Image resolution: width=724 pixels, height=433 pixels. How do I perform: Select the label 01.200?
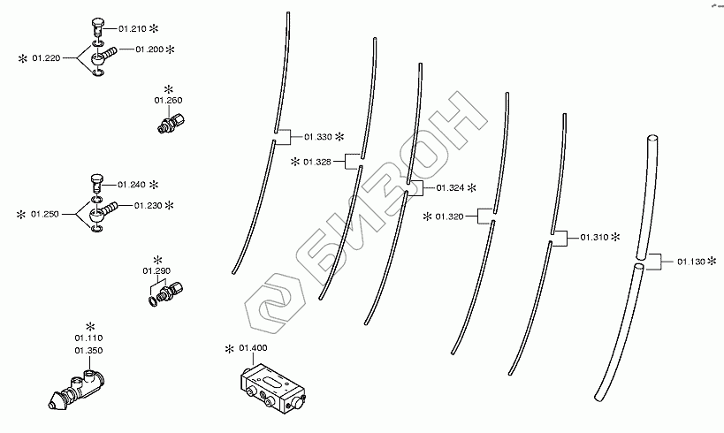(x=149, y=49)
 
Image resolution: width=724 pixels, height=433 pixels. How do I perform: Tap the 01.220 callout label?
(x=46, y=58)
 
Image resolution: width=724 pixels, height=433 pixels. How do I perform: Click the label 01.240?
(x=131, y=185)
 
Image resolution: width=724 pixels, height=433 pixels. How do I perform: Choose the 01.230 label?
(x=149, y=205)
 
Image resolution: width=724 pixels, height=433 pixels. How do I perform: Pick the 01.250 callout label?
(x=46, y=214)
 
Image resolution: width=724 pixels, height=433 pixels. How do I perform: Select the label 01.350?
(x=88, y=350)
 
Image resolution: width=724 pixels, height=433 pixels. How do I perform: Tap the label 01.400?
(x=253, y=348)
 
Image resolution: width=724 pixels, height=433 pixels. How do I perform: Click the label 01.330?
(x=317, y=137)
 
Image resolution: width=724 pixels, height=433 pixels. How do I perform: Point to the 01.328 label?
(x=317, y=162)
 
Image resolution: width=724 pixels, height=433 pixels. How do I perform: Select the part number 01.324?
(x=450, y=188)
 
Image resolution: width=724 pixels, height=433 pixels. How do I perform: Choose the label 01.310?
(x=594, y=238)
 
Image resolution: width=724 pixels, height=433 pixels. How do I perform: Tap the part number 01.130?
(x=692, y=262)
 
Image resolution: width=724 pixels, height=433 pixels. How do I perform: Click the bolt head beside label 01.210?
(x=98, y=25)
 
